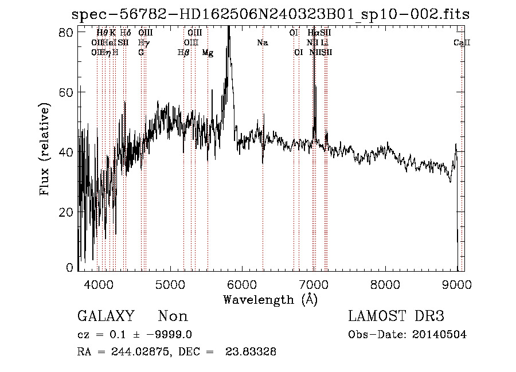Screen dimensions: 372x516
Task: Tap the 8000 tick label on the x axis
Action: pyautogui.click(x=385, y=284)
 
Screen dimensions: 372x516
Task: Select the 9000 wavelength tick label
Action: pyautogui.click(x=456, y=284)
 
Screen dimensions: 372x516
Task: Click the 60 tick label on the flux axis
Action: pyautogui.click(x=68, y=92)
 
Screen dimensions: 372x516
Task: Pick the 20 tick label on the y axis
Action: pyautogui.click(x=68, y=212)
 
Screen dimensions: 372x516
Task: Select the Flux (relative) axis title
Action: pyautogui.click(x=45, y=149)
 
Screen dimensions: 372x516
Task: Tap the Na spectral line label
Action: pyautogui.click(x=262, y=42)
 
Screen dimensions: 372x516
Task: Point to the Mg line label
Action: pyautogui.click(x=208, y=53)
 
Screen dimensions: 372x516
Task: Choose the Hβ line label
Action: pyautogui.click(x=183, y=53)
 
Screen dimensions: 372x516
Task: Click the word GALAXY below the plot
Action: pyautogui.click(x=105, y=316)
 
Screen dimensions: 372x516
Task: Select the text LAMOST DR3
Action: pyautogui.click(x=396, y=316)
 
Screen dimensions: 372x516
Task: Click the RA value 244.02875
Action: pyautogui.click(x=141, y=352)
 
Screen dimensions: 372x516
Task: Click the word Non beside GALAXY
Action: pyautogui.click(x=173, y=316)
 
